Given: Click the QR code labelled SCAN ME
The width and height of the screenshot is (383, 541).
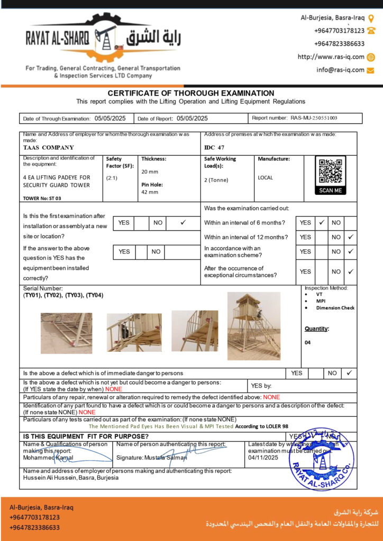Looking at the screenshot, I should (x=331, y=172).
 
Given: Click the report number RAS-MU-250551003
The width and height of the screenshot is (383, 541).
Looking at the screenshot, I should (x=314, y=118).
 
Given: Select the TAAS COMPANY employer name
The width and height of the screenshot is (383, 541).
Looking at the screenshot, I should (x=49, y=148).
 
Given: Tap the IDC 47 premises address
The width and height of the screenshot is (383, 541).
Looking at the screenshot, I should (x=214, y=148).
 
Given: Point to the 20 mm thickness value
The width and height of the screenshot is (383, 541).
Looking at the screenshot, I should (x=150, y=172).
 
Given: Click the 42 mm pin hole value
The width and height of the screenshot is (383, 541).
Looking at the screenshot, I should (x=150, y=192).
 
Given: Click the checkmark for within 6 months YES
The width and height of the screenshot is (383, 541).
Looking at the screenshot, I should (x=322, y=222).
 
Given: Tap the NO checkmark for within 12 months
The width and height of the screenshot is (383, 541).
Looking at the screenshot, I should (x=350, y=237).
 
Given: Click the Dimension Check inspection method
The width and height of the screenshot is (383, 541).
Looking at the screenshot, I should (x=335, y=307).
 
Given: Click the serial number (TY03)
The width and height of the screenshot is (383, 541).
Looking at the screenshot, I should (x=75, y=295).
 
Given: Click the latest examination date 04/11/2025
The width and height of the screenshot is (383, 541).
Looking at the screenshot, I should (x=263, y=458).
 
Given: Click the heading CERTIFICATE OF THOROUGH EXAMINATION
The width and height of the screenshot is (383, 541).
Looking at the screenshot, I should (x=191, y=93).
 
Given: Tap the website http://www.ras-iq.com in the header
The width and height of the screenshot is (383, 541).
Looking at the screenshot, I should (x=331, y=57).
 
